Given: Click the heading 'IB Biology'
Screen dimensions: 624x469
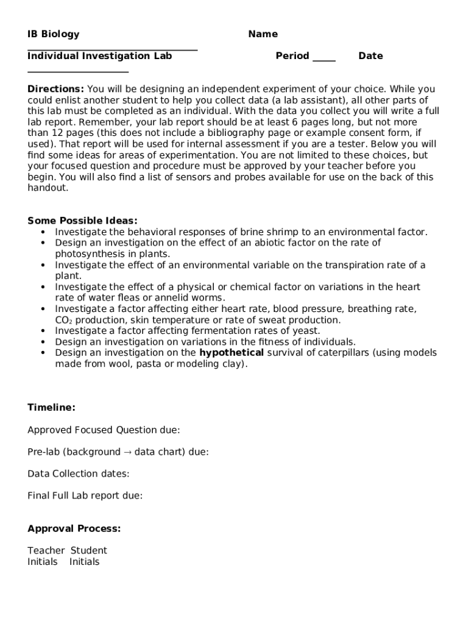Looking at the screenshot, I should coord(53,34).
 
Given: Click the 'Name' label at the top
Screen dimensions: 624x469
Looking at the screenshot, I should coord(263,34).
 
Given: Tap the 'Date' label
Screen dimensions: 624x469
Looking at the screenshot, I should coord(370,56).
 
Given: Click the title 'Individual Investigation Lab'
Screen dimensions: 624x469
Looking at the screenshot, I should coord(99,56).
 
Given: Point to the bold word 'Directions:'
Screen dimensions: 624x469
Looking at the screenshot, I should coord(55,89).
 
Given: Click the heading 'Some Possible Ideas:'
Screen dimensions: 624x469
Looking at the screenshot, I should coord(82,221).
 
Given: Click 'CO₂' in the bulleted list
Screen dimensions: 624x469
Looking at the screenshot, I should coord(63,320).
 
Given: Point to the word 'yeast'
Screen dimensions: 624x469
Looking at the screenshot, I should coord(306,331).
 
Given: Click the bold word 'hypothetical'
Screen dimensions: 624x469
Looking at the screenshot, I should coord(231,353).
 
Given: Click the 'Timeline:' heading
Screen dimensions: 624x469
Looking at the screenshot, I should coord(51,408).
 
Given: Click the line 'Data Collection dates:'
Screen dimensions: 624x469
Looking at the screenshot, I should coord(78,474).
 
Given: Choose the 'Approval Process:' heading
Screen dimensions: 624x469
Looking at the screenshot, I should coord(74,529).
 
